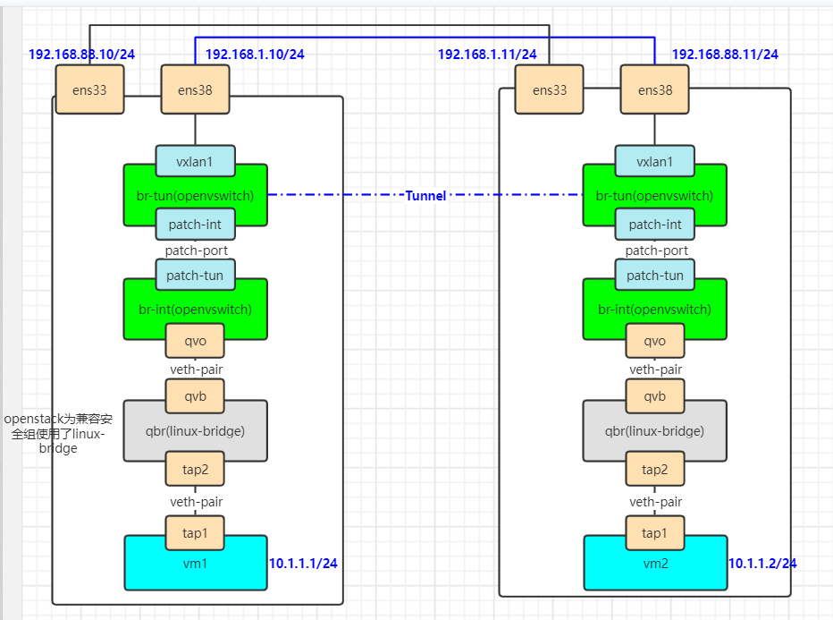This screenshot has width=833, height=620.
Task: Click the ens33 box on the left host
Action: coord(89,89)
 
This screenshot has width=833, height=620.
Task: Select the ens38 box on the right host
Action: coord(654,89)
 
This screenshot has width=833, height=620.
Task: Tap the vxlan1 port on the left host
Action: coord(195,162)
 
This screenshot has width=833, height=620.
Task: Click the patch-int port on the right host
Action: coord(654,225)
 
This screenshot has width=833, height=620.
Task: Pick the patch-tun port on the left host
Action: coord(195,276)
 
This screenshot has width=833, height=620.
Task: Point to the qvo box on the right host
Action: coord(654,341)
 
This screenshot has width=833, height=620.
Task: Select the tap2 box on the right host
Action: coord(654,470)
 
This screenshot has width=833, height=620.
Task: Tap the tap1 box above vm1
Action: coord(195,533)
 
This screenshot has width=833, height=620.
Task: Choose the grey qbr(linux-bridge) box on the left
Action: coord(195,431)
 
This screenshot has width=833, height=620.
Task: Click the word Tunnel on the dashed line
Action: coord(425,195)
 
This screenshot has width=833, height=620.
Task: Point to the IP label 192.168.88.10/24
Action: coord(81,54)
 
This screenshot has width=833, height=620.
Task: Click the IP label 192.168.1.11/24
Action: coord(487,54)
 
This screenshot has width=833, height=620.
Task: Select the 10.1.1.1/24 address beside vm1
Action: coord(303,563)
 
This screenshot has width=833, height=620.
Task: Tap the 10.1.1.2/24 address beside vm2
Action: coord(762,563)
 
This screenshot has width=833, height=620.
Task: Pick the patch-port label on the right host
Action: coord(656,251)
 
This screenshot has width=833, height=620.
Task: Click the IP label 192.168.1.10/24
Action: coord(255,54)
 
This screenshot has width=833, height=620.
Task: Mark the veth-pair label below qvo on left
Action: coord(196,369)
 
